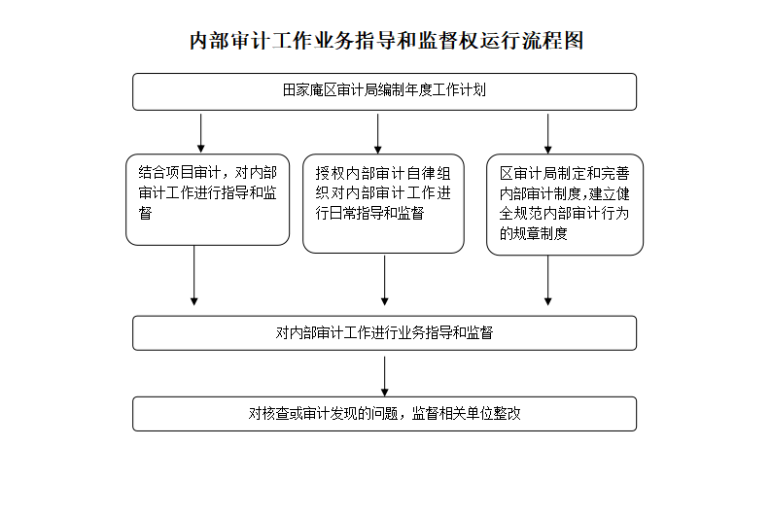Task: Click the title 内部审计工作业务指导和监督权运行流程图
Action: tap(387, 40)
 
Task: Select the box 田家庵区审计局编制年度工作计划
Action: tap(384, 92)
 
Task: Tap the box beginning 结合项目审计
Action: tap(207, 199)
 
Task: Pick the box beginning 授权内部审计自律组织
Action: tap(383, 203)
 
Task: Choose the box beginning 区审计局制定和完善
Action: tap(565, 204)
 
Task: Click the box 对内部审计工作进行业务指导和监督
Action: tap(384, 333)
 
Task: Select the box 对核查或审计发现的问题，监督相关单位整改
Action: tap(384, 414)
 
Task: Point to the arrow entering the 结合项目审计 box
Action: tap(200, 133)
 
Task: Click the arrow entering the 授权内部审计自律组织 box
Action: tap(377, 134)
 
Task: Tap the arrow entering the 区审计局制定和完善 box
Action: tap(547, 134)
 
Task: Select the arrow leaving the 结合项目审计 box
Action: tap(194, 276)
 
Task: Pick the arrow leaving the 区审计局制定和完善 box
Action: tap(547, 281)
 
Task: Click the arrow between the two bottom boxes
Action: tap(384, 376)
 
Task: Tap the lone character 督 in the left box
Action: tap(145, 213)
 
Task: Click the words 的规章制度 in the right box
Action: tap(534, 233)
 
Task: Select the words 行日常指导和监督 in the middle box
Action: tap(369, 213)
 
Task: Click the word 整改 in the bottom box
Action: tap(508, 414)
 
